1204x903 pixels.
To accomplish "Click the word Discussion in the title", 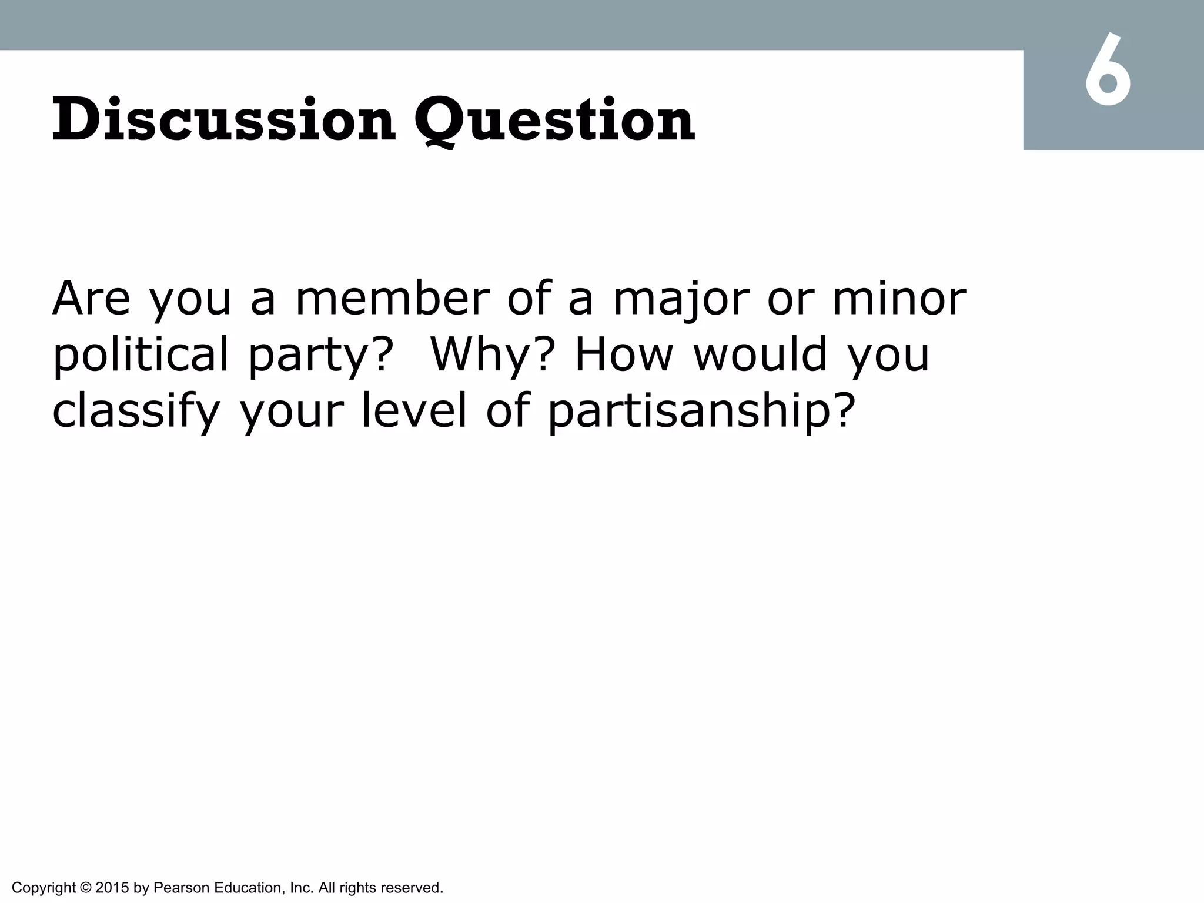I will (x=223, y=121).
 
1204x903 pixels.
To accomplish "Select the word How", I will (x=623, y=354).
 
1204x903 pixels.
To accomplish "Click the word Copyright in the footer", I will (x=44, y=888).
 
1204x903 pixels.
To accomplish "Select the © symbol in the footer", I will (x=85, y=888).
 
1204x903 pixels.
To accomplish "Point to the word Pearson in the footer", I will (x=181, y=888).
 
